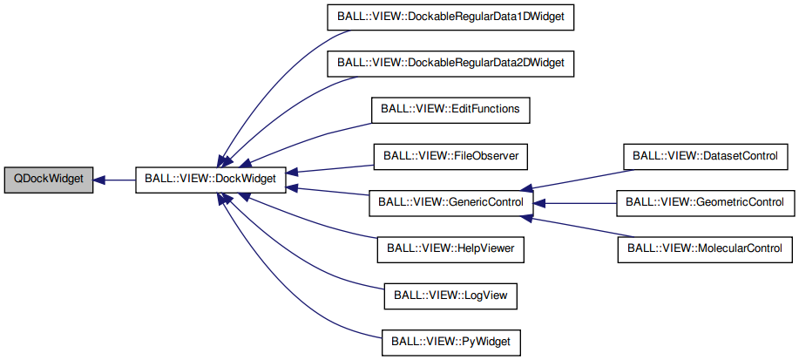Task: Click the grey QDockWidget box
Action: pos(48,180)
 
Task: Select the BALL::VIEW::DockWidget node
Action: pos(210,180)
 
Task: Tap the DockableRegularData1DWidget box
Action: pos(450,17)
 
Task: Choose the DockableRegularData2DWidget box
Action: pos(450,64)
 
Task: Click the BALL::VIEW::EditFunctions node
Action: pos(450,111)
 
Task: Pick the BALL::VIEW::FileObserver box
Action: pos(450,157)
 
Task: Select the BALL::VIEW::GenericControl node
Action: pos(450,203)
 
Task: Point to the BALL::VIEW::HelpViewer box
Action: pos(450,249)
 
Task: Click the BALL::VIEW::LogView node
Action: pos(450,296)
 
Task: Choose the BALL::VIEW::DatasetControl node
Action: pos(704,157)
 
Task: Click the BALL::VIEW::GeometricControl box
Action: pos(704,203)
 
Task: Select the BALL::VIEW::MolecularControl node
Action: pos(704,249)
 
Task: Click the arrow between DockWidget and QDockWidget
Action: pos(113,180)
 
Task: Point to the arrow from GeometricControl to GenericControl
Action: pos(575,203)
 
